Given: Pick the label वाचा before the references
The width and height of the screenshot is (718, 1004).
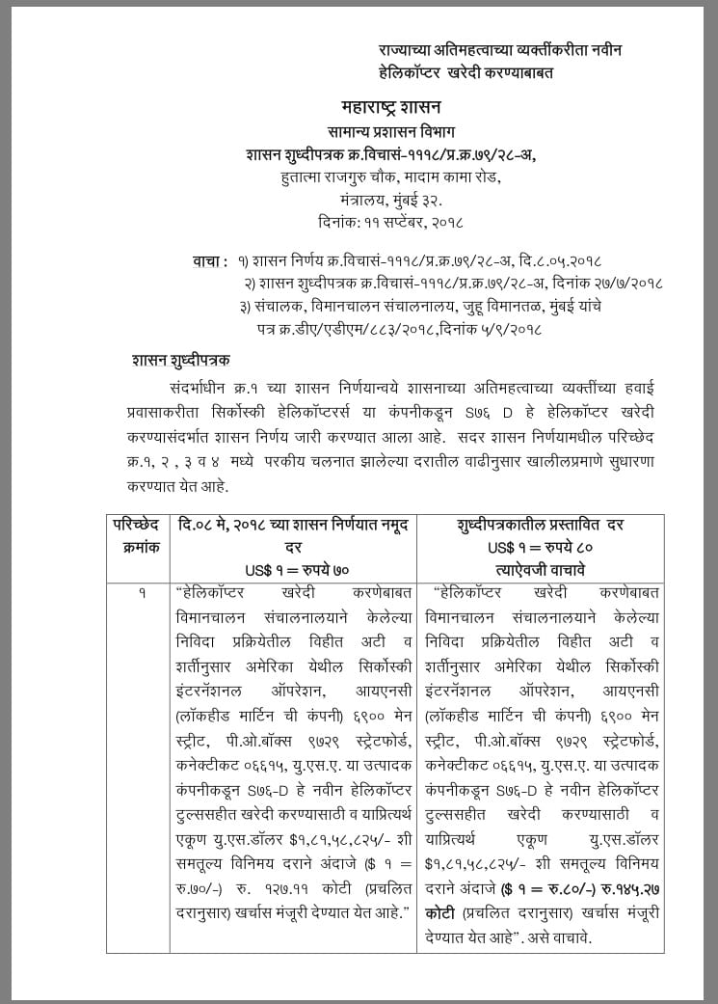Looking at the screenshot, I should coord(210,261).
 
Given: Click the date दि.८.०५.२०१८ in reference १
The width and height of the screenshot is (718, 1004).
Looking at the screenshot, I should coord(559,261).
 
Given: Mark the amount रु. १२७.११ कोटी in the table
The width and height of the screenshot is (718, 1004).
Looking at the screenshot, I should coord(290,887).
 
